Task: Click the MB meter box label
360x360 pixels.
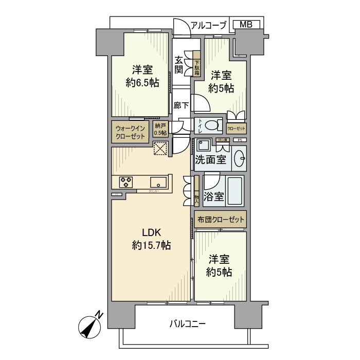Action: click(246, 24)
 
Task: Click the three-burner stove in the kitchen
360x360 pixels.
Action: click(127, 181)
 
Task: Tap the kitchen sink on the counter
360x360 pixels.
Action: click(158, 181)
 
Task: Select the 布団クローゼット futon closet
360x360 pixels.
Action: click(221, 220)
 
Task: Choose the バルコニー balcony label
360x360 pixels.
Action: click(187, 324)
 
